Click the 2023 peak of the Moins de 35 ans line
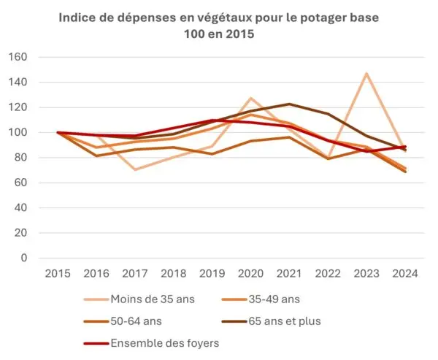pyautogui.click(x=366, y=73)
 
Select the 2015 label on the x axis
pyautogui.click(x=58, y=274)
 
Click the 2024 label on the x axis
pyautogui.click(x=405, y=274)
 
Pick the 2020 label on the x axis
pyautogui.click(x=250, y=274)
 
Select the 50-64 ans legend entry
pyautogui.click(x=136, y=321)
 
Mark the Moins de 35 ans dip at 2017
pyautogui.click(x=135, y=169)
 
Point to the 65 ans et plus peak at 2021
pyautogui.click(x=289, y=104)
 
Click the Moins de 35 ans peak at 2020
pyautogui.click(x=250, y=98)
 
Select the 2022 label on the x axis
pyautogui.click(x=328, y=274)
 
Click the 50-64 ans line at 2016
pyautogui.click(x=96, y=156)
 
